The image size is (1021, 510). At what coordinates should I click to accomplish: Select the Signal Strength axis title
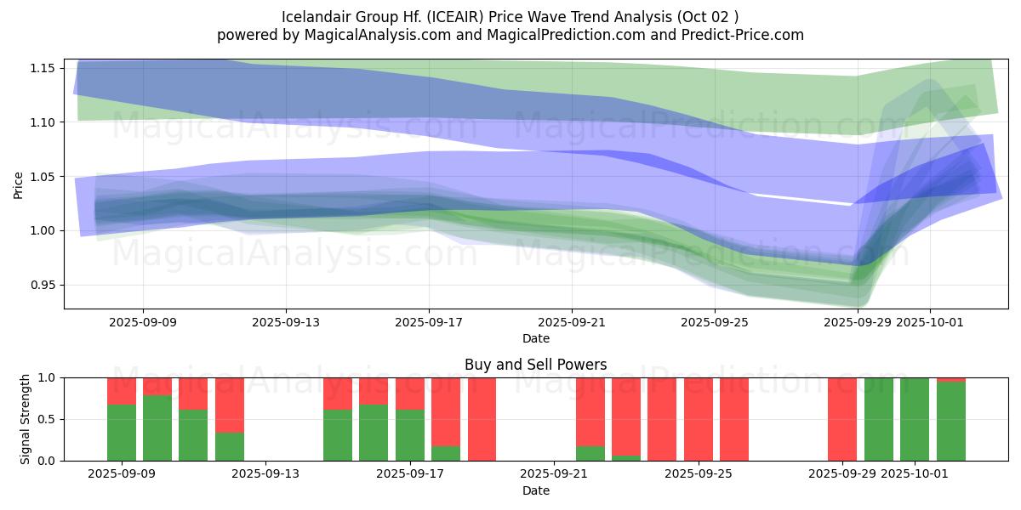[x=26, y=419]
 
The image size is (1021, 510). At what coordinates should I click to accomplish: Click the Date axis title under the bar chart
[x=536, y=490]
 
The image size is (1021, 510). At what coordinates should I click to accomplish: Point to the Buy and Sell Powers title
[x=536, y=365]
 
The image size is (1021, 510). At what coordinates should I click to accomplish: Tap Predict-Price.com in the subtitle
[x=739, y=35]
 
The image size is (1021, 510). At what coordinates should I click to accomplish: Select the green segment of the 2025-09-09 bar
[x=122, y=433]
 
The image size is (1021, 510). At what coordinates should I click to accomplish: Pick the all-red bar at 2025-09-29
[x=842, y=419]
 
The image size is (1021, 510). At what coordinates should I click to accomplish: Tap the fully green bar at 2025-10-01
[x=915, y=419]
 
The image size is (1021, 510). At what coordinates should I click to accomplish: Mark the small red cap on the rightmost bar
[x=951, y=379]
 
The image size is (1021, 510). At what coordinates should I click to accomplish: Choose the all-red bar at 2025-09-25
[x=699, y=419]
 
